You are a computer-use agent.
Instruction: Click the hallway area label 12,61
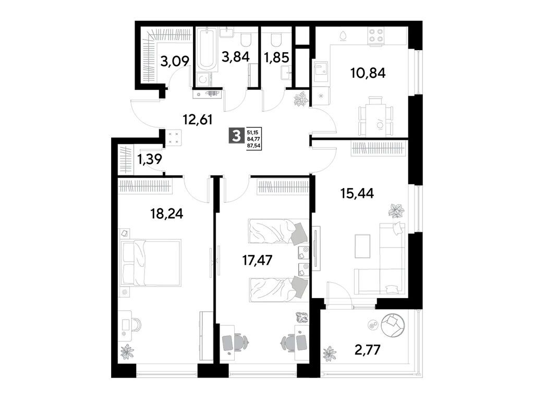198,121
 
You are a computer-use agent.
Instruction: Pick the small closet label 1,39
149,159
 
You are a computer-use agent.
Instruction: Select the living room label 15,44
354,194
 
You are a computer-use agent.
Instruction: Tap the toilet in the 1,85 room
276,38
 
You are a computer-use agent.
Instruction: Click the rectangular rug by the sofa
362,246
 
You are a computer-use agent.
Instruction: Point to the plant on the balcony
329,354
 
